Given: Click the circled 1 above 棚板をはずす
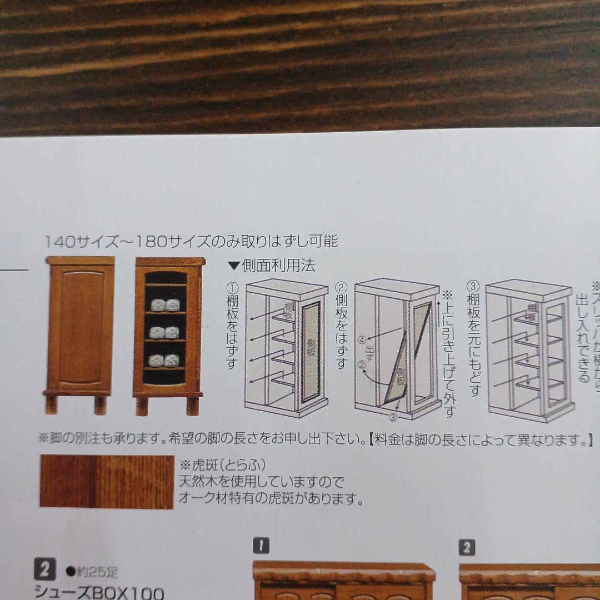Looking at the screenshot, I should (x=232, y=288).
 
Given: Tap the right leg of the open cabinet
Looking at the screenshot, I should (x=192, y=405).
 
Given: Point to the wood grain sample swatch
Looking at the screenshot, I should (x=107, y=481).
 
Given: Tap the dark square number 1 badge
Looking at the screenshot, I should (x=261, y=546).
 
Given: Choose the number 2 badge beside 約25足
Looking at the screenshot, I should (x=45, y=571).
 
